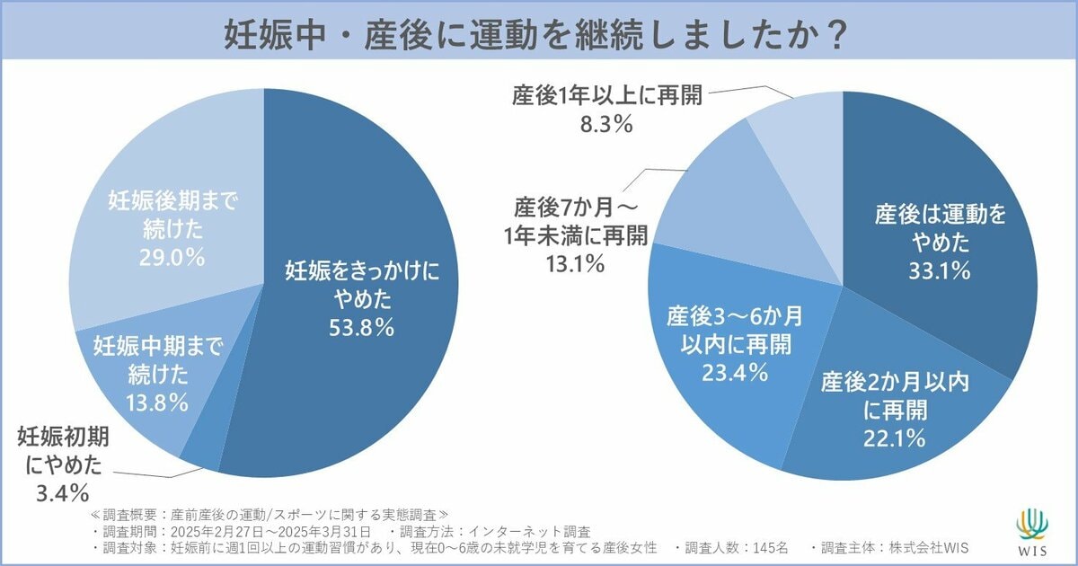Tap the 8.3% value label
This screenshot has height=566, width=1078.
(607, 125)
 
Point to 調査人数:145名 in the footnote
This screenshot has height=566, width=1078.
(736, 548)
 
